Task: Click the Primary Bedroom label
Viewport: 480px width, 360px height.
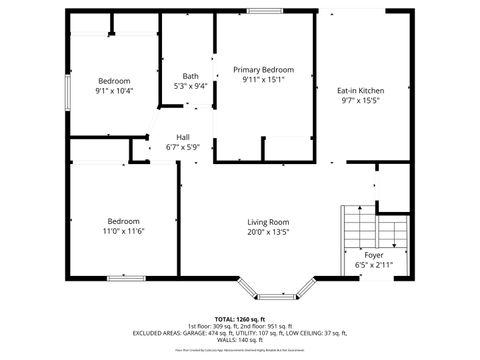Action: tap(263, 70)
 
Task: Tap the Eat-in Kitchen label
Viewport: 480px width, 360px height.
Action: tap(362, 90)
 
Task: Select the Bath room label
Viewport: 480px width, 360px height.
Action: tap(190, 76)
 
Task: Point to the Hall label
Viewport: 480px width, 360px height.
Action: tap(183, 137)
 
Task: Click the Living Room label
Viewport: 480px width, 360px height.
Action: tap(268, 221)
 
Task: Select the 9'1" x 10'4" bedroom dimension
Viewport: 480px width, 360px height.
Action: tap(115, 91)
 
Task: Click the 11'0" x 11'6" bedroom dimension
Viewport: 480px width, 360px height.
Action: tap(124, 231)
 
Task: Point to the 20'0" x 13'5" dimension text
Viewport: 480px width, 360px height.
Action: tap(268, 231)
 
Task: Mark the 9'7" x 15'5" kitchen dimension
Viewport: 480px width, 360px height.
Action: tap(362, 100)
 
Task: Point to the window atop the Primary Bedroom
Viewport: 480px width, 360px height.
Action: tap(263, 10)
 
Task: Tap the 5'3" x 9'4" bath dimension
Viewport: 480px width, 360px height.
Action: tap(190, 86)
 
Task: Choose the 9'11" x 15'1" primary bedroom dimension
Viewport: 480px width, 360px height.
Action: tap(263, 80)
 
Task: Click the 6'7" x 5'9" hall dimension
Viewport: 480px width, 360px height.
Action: tap(183, 147)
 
